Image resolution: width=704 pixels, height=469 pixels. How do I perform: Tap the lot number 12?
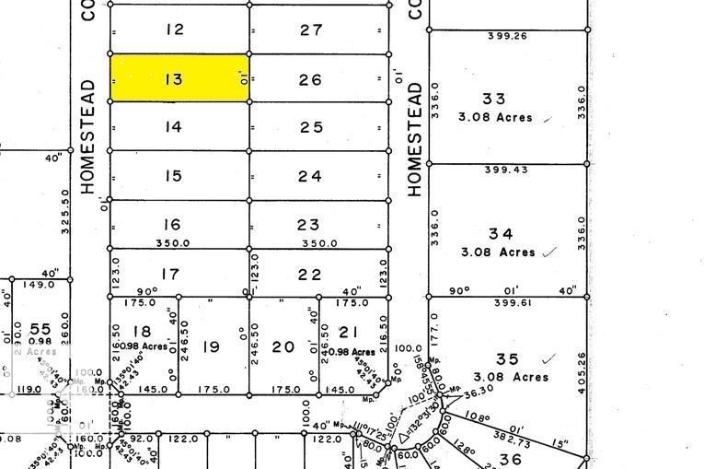click(x=174, y=29)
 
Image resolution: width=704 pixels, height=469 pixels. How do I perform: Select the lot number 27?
click(x=311, y=29)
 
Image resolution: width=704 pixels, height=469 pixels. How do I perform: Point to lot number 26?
click(x=311, y=80)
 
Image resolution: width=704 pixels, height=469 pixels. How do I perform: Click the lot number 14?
click(x=174, y=127)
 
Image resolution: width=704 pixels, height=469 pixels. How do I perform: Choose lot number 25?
click(x=311, y=127)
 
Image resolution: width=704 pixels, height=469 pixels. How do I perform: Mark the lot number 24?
click(x=310, y=176)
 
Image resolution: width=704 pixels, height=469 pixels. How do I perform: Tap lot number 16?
click(x=171, y=225)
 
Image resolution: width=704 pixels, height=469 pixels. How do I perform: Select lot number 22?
click(x=310, y=274)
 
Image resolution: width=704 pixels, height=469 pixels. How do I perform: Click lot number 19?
click(x=212, y=346)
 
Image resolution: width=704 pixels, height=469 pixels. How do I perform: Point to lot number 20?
click(x=283, y=346)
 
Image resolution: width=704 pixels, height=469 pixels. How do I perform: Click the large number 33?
click(x=494, y=99)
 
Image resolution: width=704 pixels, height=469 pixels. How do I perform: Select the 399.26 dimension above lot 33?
click(x=505, y=37)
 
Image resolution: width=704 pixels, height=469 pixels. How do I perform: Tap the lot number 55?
click(x=40, y=329)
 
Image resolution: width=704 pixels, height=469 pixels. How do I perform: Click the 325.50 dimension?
click(x=65, y=212)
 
